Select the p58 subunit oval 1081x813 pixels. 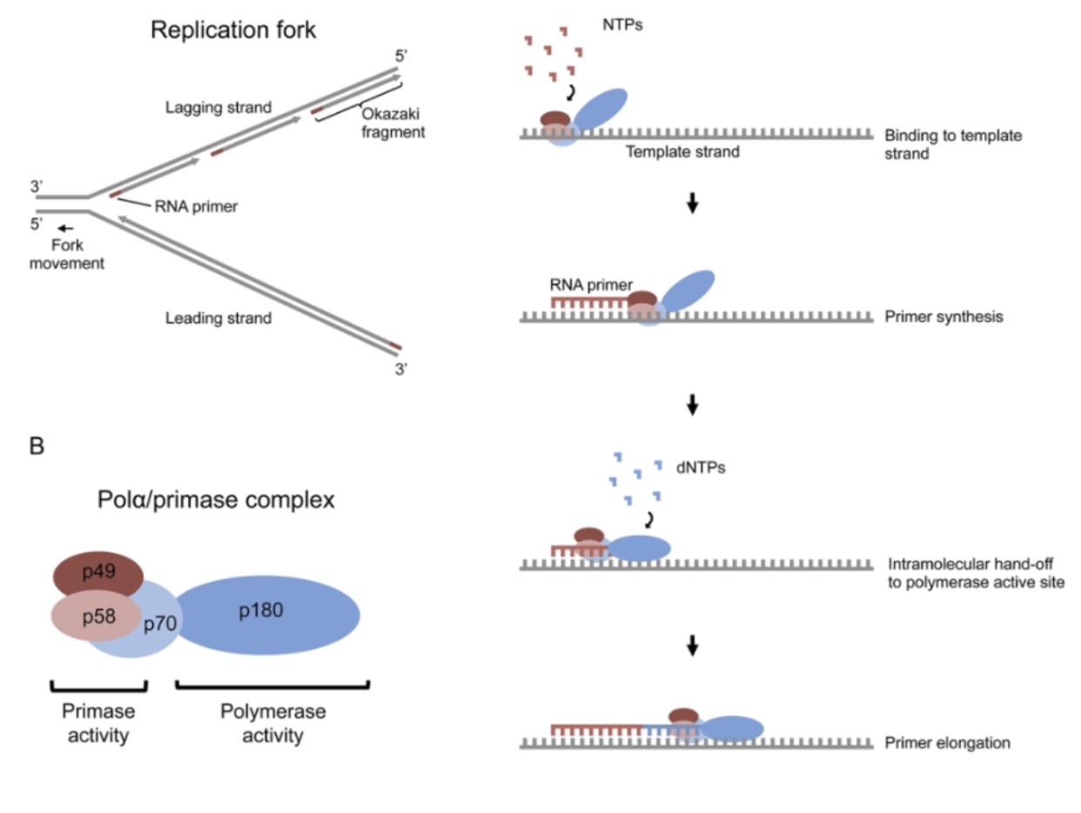[x=96, y=615]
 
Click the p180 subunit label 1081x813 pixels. [x=261, y=611]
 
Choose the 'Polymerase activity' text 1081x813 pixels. [x=272, y=723]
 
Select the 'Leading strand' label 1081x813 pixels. [x=218, y=319]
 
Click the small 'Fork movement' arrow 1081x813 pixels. [x=66, y=229]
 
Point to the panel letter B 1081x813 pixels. [x=37, y=447]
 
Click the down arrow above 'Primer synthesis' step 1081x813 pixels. [x=693, y=206]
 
